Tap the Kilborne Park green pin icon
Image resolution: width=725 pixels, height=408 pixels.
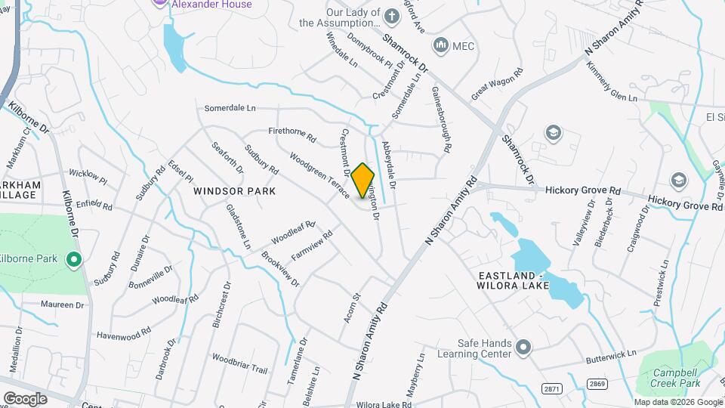(x=73, y=261)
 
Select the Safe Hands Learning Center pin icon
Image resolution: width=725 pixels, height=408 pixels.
(x=523, y=348)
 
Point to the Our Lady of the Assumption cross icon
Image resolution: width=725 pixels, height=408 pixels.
(x=391, y=16)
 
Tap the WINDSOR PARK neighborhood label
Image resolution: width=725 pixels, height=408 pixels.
(x=234, y=191)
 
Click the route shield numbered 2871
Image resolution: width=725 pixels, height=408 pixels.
(x=552, y=388)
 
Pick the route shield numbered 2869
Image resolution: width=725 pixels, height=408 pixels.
(x=597, y=384)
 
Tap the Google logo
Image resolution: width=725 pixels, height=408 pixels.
(x=26, y=398)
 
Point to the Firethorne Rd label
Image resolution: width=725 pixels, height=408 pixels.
(x=297, y=134)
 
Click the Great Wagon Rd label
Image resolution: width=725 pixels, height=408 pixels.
(x=497, y=85)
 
